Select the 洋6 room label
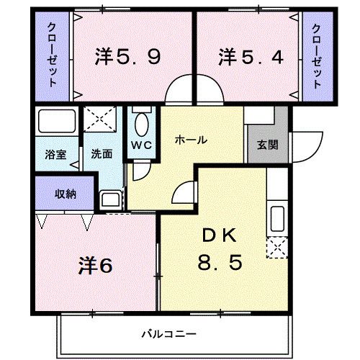95,265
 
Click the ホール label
192,140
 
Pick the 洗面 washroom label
100,153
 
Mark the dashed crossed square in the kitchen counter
276,248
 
